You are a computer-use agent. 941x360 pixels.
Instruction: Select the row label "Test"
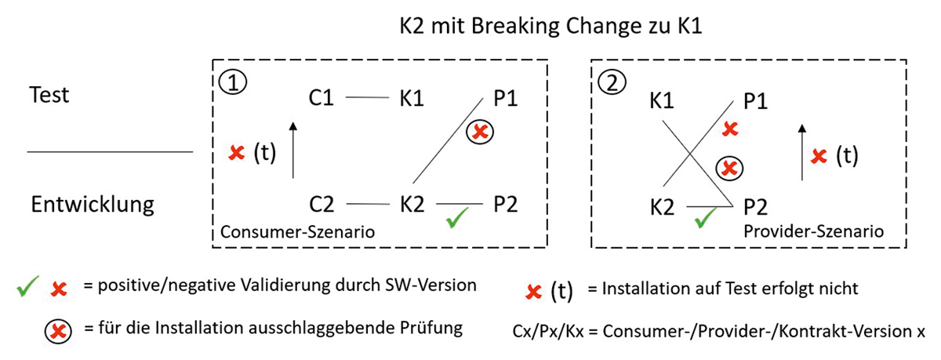[49, 95]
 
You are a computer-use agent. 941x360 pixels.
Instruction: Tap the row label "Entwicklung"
[92, 205]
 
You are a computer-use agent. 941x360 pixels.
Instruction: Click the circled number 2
[612, 82]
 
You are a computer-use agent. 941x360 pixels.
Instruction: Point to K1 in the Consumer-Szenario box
[411, 99]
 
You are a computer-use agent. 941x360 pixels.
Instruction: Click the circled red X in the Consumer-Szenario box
[480, 133]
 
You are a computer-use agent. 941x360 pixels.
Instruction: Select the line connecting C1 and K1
[368, 98]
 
